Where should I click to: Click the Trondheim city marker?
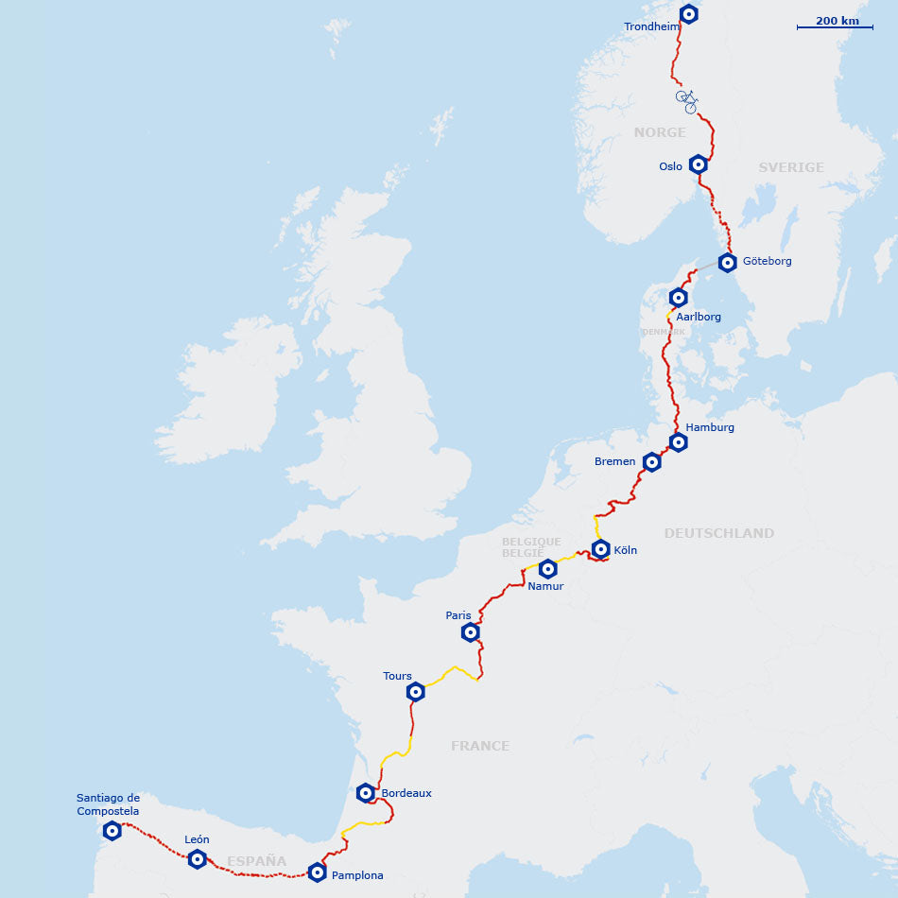689,14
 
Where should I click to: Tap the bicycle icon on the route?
687,101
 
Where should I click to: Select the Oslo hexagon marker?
698,164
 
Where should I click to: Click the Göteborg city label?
767,261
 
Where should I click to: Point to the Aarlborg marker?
678,298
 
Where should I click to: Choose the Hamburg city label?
710,427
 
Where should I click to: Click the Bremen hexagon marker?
651,462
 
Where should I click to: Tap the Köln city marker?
600,549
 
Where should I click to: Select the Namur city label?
545,586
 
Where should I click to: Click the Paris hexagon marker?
470,632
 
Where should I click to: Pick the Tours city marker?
415,692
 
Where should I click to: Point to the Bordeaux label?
406,793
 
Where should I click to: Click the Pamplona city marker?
317,872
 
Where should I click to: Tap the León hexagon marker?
197,859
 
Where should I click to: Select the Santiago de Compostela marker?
112,831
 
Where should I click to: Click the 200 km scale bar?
836,26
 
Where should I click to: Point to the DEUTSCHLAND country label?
718,533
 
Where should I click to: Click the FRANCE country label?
479,746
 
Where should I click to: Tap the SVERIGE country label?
791,167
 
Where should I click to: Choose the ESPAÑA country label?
256,861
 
